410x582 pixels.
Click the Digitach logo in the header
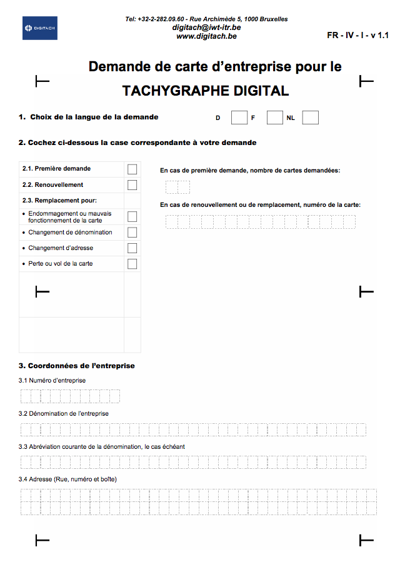click(39, 29)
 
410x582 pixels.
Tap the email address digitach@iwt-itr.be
click(206, 28)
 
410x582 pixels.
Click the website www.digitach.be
click(206, 36)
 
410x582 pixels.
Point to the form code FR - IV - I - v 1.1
click(357, 36)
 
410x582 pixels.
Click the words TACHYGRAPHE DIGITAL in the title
click(206, 91)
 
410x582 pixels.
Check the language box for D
click(239, 118)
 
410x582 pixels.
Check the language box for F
click(274, 118)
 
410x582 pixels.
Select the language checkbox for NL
click(311, 118)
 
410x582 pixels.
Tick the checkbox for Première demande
click(132, 169)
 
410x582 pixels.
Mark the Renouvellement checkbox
click(132, 185)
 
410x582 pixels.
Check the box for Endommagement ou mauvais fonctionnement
click(132, 216)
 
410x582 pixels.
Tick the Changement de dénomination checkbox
click(132, 233)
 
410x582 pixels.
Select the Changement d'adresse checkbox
click(132, 248)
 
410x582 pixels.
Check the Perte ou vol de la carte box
click(132, 264)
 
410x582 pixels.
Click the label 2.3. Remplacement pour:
click(59, 201)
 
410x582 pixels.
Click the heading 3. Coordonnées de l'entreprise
click(77, 366)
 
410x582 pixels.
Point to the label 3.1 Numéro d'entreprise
click(52, 380)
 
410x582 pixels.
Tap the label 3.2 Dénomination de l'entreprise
click(64, 413)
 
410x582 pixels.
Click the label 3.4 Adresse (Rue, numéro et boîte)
click(68, 479)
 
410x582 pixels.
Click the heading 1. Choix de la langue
click(89, 117)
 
